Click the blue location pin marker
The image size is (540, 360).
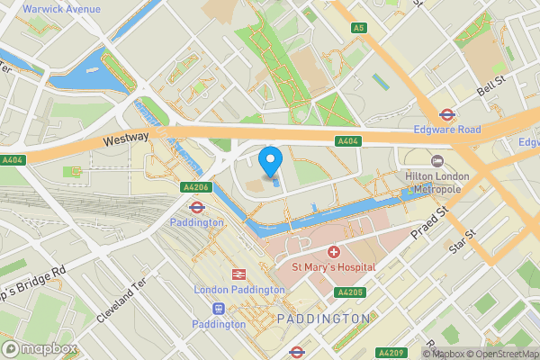(270, 162)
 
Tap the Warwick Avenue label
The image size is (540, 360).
(61, 9)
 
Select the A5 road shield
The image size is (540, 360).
(359, 28)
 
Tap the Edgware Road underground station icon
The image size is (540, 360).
(445, 114)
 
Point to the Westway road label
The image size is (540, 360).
(124, 140)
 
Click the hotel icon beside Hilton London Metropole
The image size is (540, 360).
(438, 160)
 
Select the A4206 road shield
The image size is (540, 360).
(198, 187)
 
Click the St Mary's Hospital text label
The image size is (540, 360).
(333, 267)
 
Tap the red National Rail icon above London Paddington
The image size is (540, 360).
(240, 274)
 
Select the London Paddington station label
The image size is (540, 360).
(240, 290)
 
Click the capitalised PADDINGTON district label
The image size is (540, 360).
(323, 319)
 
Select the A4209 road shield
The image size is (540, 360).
(390, 352)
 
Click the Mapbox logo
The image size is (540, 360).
(40, 348)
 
